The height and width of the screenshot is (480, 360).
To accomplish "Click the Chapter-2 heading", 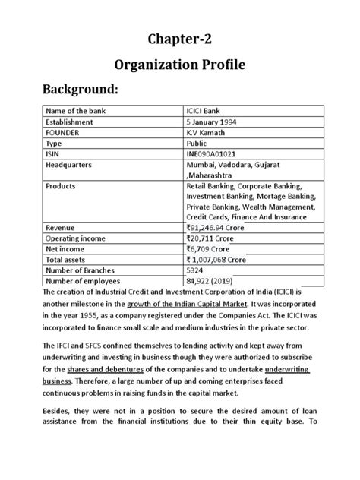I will tap(179, 39).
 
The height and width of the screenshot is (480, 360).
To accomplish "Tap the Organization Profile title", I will tap(179, 66).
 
